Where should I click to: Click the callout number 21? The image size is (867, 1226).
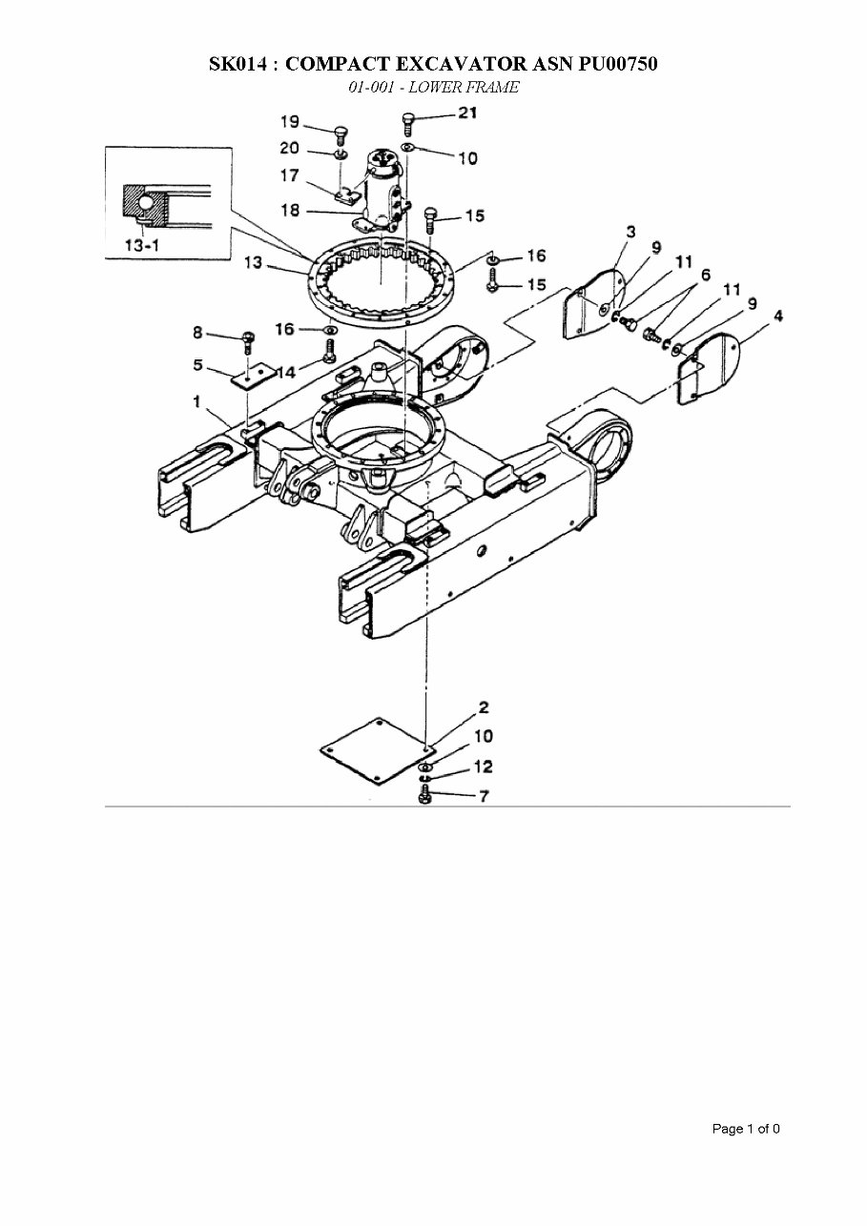pyautogui.click(x=467, y=113)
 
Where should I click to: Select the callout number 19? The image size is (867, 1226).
pyautogui.click(x=289, y=122)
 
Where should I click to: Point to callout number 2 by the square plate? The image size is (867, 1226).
pyautogui.click(x=484, y=707)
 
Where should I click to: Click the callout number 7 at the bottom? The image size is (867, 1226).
pyautogui.click(x=484, y=796)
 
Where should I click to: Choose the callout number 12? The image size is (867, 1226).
pyautogui.click(x=484, y=766)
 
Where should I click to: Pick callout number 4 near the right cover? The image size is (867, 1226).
pyautogui.click(x=778, y=316)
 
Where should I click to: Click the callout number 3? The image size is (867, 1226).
pyautogui.click(x=630, y=232)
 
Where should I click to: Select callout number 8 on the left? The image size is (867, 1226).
pyautogui.click(x=198, y=332)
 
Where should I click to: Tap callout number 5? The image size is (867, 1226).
pyautogui.click(x=198, y=364)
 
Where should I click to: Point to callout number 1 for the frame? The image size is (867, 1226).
pyautogui.click(x=197, y=402)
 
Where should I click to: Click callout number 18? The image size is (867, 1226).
pyautogui.click(x=290, y=210)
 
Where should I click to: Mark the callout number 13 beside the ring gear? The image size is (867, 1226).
pyautogui.click(x=253, y=263)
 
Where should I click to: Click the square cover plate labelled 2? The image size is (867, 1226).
pyautogui.click(x=374, y=751)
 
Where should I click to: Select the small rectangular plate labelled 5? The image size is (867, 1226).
pyautogui.click(x=253, y=377)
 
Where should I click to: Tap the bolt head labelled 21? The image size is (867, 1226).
pyautogui.click(x=409, y=121)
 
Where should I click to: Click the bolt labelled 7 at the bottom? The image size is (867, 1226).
pyautogui.click(x=424, y=794)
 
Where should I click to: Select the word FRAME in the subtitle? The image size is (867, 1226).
pyautogui.click(x=492, y=88)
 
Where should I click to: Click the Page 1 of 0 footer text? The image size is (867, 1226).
pyautogui.click(x=746, y=1129)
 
